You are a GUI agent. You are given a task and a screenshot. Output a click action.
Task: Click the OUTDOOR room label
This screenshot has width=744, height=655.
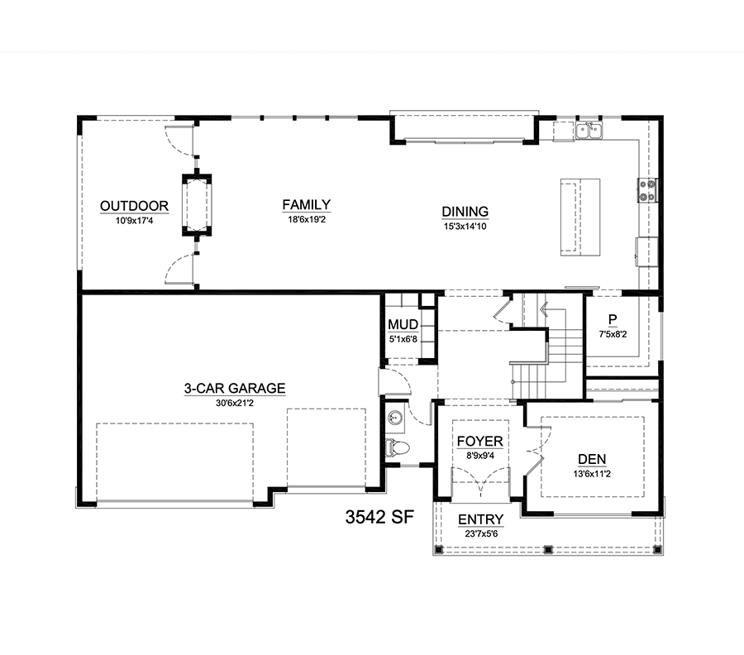(x=134, y=206)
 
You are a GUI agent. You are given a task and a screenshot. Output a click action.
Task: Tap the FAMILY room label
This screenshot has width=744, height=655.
(x=307, y=204)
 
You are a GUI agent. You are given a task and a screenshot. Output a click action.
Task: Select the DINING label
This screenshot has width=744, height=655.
(x=465, y=212)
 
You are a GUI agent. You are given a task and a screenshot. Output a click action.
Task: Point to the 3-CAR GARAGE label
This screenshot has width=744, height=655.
(x=235, y=388)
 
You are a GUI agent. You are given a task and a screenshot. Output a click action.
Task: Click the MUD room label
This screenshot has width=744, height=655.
(x=403, y=325)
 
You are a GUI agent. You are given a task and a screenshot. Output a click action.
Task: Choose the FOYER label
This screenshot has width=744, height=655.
(x=480, y=442)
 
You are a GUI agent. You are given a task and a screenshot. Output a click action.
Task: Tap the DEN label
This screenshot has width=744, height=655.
(x=592, y=460)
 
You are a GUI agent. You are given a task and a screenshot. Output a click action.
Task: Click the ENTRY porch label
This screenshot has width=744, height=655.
(x=480, y=519)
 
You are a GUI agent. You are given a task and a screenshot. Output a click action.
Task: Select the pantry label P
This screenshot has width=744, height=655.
(x=613, y=319)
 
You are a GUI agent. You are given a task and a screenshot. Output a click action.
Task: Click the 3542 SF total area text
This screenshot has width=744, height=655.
(x=379, y=518)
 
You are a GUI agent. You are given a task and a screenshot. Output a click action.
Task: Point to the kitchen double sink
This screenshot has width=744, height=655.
(x=589, y=130)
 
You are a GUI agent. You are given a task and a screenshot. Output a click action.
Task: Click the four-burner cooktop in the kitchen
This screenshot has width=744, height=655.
(x=647, y=190)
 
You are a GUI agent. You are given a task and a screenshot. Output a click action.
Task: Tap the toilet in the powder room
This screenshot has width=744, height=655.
(x=397, y=447)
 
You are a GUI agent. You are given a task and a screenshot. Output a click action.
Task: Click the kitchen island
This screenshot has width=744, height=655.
(x=580, y=218)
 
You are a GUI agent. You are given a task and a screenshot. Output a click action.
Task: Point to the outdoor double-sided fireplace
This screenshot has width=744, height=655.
(x=197, y=204)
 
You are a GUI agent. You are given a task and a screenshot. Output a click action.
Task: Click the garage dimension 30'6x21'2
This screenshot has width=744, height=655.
(x=235, y=404)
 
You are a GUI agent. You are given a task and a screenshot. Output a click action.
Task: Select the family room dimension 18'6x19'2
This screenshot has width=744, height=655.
(x=307, y=220)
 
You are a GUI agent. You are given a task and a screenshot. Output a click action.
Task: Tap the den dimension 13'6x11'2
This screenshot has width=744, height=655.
(x=592, y=474)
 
